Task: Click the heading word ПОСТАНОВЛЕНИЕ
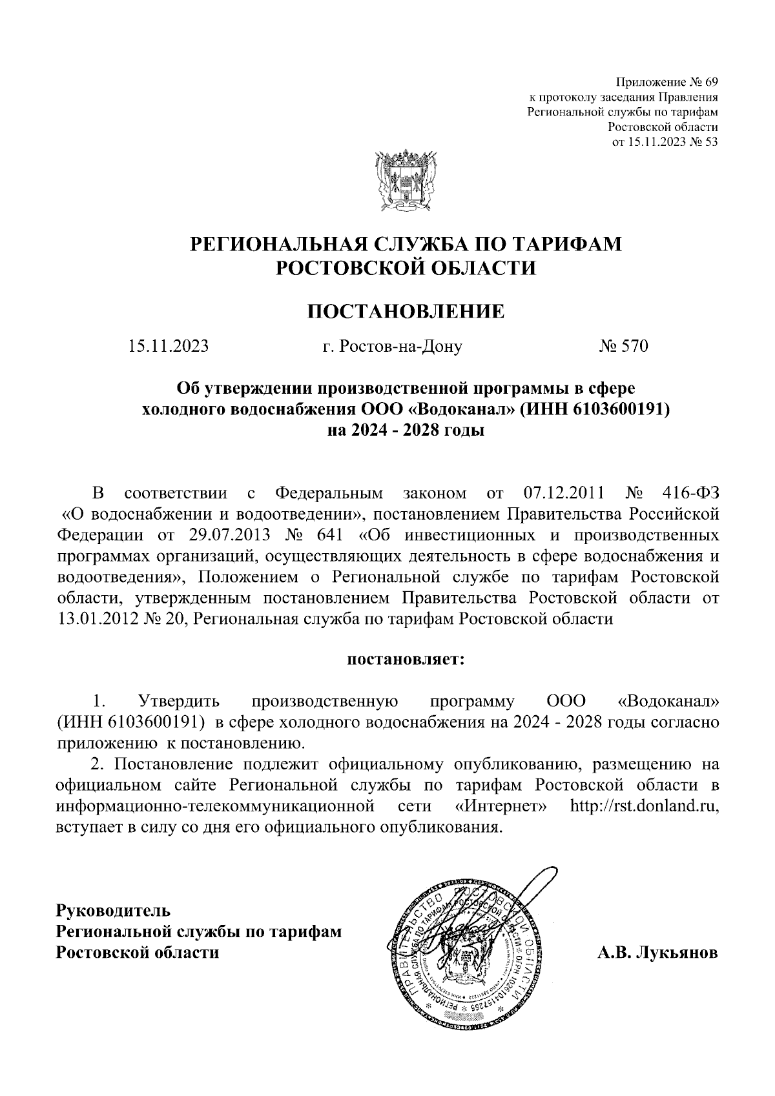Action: (x=406, y=312)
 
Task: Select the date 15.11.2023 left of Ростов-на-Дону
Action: (x=169, y=347)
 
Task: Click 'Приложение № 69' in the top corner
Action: (x=667, y=83)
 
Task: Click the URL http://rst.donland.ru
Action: (x=645, y=807)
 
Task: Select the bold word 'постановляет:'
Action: (x=406, y=660)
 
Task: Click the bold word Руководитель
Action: (x=114, y=911)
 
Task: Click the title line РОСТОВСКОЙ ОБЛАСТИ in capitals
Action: (x=406, y=267)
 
